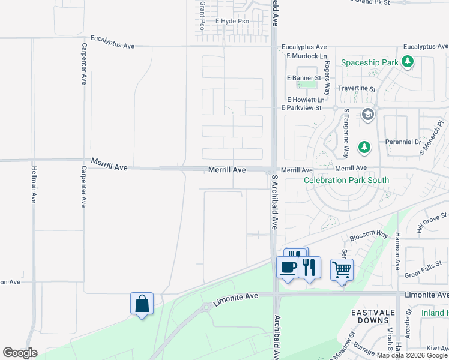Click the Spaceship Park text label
click(369, 62)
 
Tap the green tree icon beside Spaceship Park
click(408, 61)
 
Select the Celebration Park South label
click(346, 180)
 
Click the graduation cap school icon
click(368, 114)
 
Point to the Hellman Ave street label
click(33, 186)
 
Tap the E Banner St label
click(304, 78)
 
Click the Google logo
click(20, 353)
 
